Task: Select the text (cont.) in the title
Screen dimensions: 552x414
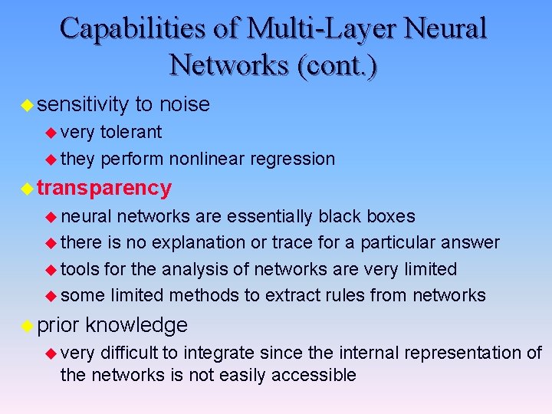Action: (x=331, y=64)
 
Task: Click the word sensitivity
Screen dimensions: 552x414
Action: (x=82, y=104)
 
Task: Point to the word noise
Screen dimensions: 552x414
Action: (x=185, y=104)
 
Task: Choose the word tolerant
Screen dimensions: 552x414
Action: (x=131, y=132)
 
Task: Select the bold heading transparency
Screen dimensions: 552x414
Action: (x=104, y=188)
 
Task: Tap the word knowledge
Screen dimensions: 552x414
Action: (x=136, y=325)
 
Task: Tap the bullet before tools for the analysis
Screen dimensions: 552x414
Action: (x=51, y=270)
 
